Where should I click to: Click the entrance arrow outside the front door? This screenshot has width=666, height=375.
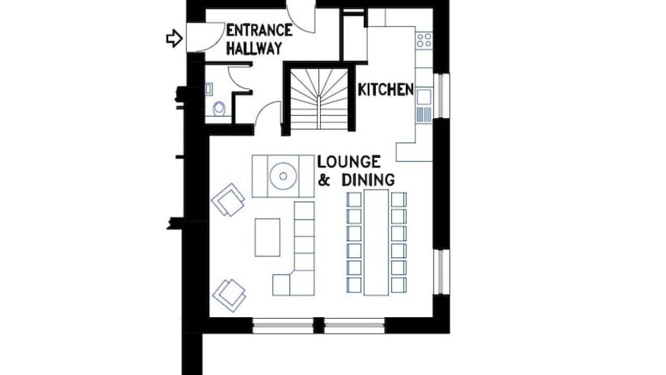pyautogui.click(x=174, y=39)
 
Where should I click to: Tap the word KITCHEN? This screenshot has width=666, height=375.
pyautogui.click(x=386, y=90)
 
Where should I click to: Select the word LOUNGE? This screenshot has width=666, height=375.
pyautogui.click(x=349, y=161)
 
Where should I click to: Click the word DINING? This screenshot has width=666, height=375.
pyautogui.click(x=368, y=180)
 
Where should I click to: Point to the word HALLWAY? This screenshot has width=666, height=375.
pyautogui.click(x=254, y=48)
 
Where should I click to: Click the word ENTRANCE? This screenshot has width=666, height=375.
pyautogui.click(x=259, y=30)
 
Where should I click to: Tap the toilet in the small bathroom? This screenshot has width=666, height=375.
pyautogui.click(x=219, y=109)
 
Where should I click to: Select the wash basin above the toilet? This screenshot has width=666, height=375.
pyautogui.click(x=209, y=89)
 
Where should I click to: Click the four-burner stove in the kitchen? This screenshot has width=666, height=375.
pyautogui.click(x=424, y=40)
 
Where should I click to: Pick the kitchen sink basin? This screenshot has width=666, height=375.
pyautogui.click(x=424, y=96)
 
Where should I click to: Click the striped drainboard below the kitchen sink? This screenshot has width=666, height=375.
pyautogui.click(x=424, y=115)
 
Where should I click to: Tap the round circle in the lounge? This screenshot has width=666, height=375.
pyautogui.click(x=283, y=176)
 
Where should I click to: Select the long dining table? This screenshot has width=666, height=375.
pyautogui.click(x=376, y=242)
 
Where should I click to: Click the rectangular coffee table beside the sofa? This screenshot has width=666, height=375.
pyautogui.click(x=267, y=238)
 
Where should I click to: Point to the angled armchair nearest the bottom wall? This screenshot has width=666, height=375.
pyautogui.click(x=229, y=295)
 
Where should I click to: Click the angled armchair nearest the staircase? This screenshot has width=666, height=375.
pyautogui.click(x=228, y=199)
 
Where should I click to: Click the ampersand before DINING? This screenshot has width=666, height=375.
pyautogui.click(x=324, y=180)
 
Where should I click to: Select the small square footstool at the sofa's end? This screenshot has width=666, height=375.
pyautogui.click(x=281, y=285)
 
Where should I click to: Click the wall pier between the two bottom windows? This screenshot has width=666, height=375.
pyautogui.click(x=319, y=326)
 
